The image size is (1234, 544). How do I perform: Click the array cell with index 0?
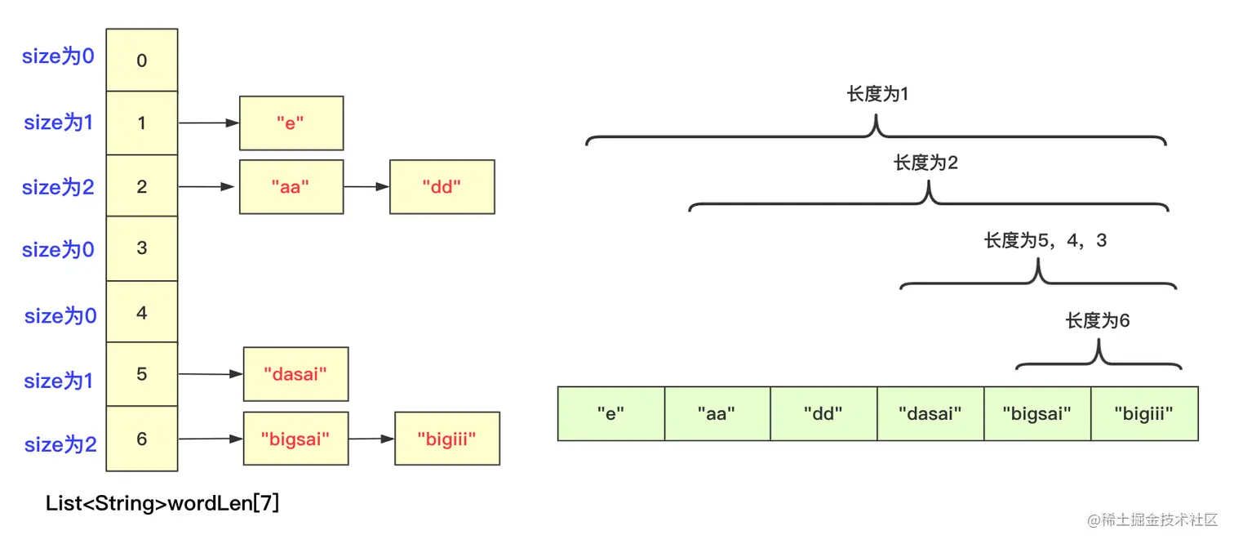(x=142, y=60)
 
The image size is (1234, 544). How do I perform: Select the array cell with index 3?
(x=142, y=248)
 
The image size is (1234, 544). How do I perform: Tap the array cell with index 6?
(x=142, y=439)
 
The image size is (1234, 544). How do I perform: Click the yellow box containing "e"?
(x=291, y=123)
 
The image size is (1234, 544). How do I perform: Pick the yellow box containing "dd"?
(x=442, y=187)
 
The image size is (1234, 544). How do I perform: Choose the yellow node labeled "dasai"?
(x=295, y=374)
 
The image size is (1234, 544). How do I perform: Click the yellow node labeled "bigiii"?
(x=446, y=439)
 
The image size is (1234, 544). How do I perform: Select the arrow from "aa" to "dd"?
(x=366, y=187)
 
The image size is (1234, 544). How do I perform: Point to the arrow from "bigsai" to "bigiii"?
(x=371, y=439)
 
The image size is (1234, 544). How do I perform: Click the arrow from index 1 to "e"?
(x=208, y=123)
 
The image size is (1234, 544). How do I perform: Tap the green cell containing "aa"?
(x=717, y=414)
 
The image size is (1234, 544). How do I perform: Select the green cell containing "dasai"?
(x=930, y=414)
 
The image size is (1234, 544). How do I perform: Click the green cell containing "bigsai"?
(x=1036, y=414)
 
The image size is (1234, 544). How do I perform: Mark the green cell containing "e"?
(x=610, y=414)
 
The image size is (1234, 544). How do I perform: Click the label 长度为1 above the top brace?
(x=877, y=95)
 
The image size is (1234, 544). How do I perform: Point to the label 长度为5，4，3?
(x=1045, y=241)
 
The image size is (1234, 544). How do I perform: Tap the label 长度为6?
(x=1098, y=321)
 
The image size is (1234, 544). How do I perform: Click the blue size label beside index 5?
(x=59, y=381)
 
